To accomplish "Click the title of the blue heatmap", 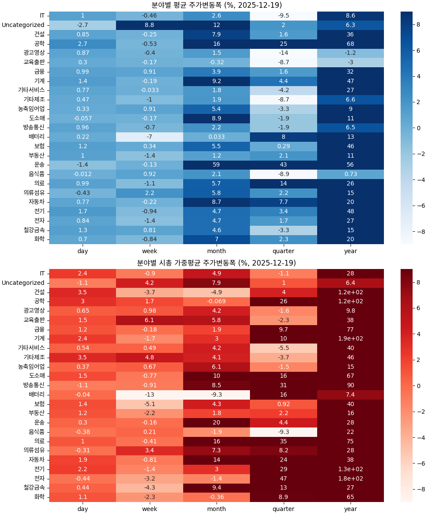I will coord(217,5).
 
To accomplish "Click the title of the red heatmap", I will coord(217,263).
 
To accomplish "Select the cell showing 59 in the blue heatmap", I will coord(216,164).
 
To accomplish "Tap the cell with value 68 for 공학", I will coord(350,44).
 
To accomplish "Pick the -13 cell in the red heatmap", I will coord(149,394).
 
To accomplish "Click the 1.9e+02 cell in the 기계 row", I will coord(350,339).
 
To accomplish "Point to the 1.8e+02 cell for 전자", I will coord(350,478).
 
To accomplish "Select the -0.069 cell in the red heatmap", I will coord(216,302).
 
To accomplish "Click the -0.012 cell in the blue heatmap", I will coord(83,174).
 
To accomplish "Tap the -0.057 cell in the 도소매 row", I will coord(83,118).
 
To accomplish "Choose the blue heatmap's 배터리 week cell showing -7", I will coord(149,137).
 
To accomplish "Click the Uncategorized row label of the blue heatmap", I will coord(23,25).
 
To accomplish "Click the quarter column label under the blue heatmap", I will coord(283,251).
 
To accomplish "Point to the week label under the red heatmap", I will coord(149,509).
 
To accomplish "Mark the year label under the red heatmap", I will coord(350,509).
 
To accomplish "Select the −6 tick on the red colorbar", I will coord(418,463).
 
